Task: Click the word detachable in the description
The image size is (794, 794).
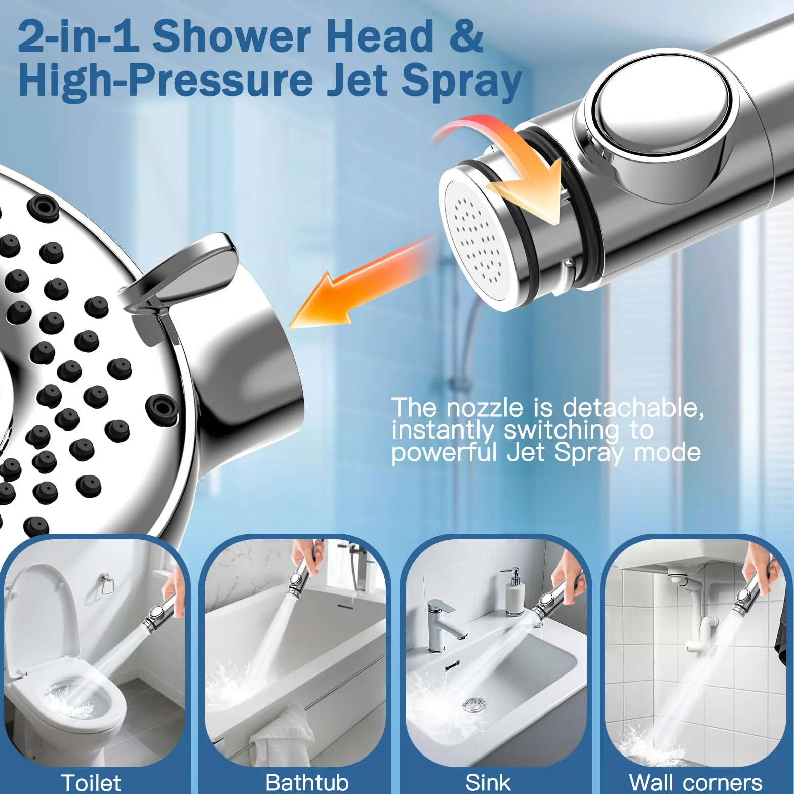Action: click(633, 408)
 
